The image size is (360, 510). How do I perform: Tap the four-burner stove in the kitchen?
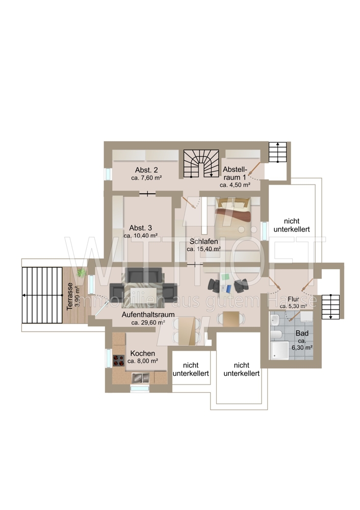tap(119, 360)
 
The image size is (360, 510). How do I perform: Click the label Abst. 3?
tap(141, 227)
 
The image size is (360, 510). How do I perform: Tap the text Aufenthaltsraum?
tap(148, 315)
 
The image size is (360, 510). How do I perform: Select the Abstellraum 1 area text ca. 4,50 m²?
tap(235, 185)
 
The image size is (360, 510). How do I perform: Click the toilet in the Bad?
tap(276, 335)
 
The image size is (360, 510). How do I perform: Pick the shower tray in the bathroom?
tap(279, 350)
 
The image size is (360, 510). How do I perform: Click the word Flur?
tap(293, 299)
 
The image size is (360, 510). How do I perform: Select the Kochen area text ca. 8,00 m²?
tap(143, 361)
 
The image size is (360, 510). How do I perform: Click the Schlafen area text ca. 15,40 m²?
tap(204, 249)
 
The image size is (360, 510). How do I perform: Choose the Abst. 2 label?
tap(147, 170)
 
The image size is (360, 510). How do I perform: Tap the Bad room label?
tap(302, 334)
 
